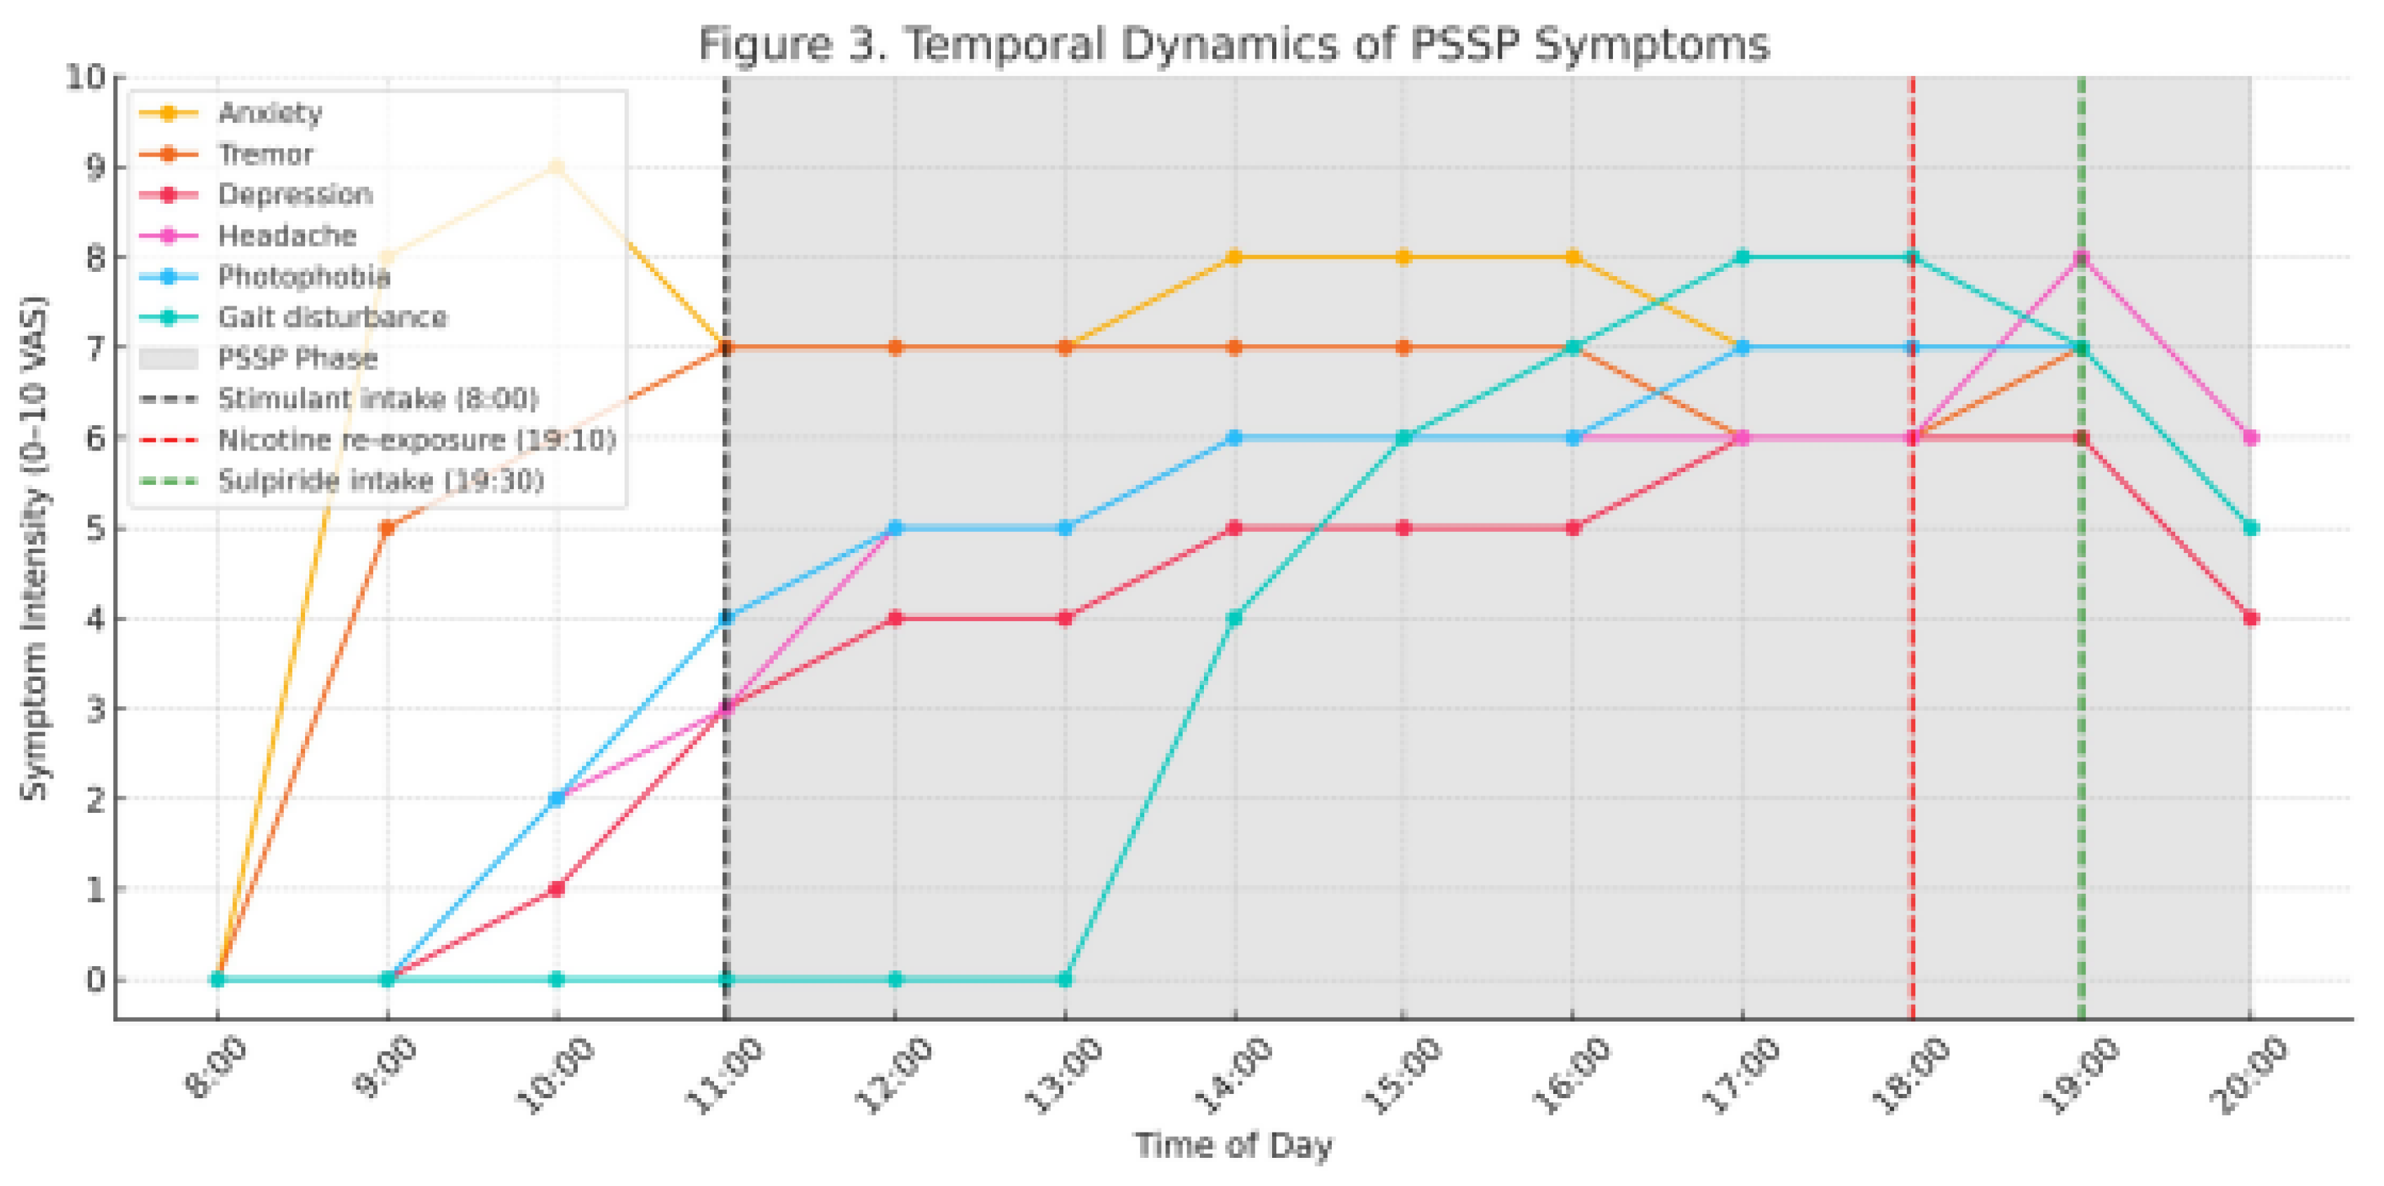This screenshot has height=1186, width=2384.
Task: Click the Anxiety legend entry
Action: point(269,113)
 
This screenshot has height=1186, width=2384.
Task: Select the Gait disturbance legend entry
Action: point(331,318)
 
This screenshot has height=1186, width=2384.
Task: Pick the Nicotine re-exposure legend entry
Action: point(417,439)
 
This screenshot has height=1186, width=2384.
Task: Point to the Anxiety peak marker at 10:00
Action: point(556,167)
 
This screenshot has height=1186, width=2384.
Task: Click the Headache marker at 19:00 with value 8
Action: point(2081,258)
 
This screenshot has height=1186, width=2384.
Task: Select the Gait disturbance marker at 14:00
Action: point(1233,618)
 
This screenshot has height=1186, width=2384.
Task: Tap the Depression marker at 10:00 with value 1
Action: point(556,889)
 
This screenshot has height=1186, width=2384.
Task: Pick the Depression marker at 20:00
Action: point(2250,618)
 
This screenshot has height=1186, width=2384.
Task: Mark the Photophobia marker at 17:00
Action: point(1742,348)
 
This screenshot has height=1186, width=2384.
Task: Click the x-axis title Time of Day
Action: point(1233,1145)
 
